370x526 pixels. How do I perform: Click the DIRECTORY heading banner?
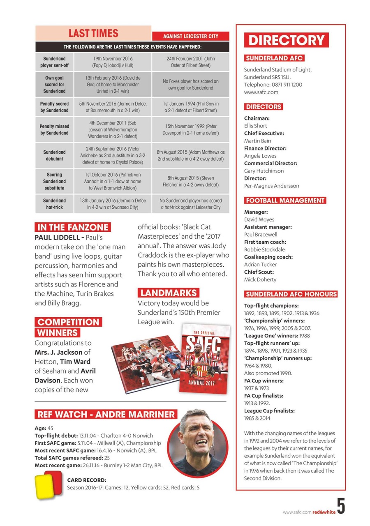tap(287, 40)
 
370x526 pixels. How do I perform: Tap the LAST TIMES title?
tap(93, 33)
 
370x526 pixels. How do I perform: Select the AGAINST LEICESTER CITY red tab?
tap(190, 36)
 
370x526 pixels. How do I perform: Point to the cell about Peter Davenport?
tap(190, 129)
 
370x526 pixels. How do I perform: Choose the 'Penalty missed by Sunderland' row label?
tap(54, 129)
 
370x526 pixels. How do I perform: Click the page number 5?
tap(341, 506)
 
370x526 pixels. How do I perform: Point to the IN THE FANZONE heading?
tap(73, 227)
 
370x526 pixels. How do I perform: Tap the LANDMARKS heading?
tap(168, 293)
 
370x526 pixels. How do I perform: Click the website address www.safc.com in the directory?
tap(261, 92)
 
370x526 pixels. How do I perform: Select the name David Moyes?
tap(259, 219)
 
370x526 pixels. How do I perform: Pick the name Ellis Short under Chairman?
tap(255, 126)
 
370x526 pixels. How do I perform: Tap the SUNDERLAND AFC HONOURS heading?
tap(291, 294)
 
